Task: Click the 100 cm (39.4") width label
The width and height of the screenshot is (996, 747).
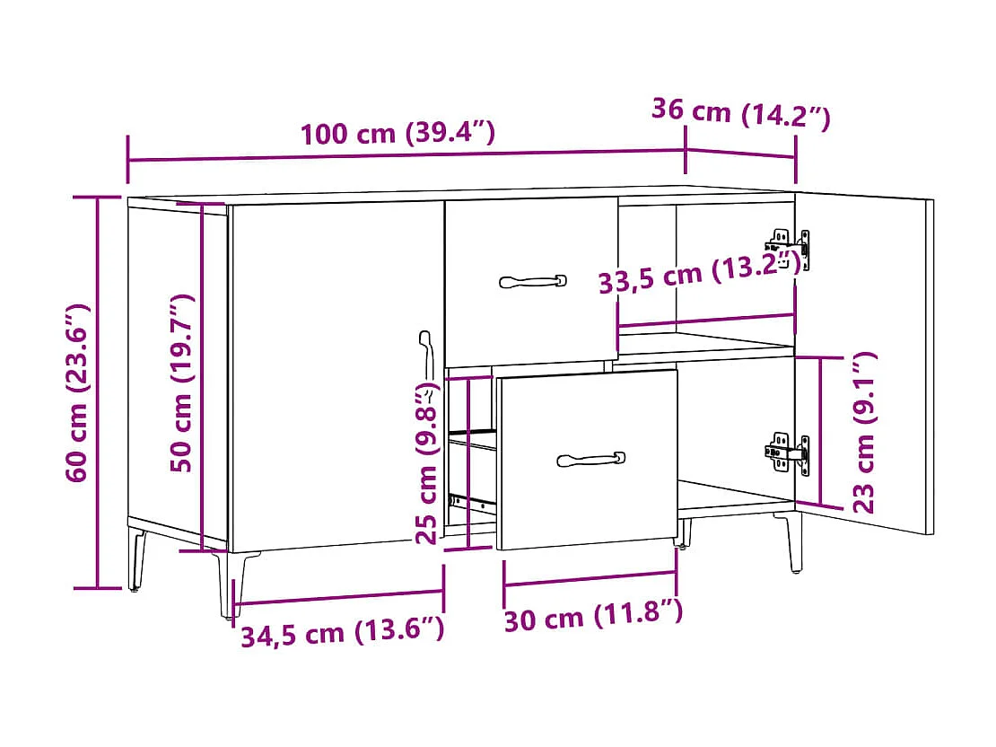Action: coord(398,134)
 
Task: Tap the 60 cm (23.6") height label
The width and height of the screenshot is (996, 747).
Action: coord(78,393)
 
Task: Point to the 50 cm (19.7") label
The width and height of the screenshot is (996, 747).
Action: coord(183,382)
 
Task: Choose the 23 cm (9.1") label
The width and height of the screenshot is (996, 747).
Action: coord(863,433)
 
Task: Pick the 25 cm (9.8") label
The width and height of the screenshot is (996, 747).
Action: coord(428,465)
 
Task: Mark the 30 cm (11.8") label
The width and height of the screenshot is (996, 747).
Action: coord(593,616)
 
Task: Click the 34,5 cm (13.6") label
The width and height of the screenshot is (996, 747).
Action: coord(342,633)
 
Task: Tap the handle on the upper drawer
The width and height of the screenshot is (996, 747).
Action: coord(533,281)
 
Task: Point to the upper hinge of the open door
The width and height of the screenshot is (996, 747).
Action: coord(790,247)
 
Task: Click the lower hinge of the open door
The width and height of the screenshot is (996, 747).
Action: coord(790,453)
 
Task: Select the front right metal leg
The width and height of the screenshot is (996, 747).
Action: coord(794,543)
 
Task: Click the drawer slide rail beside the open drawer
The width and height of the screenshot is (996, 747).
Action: coord(472,500)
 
